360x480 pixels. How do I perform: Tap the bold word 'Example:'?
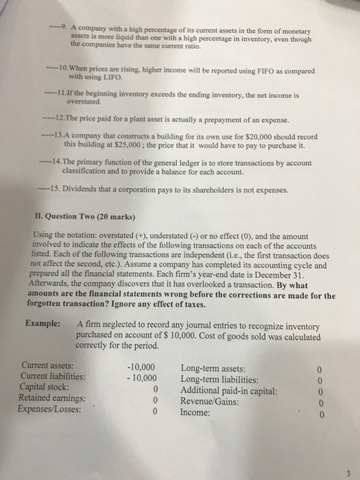click(45, 324)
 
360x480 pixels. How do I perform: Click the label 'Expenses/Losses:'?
click(54, 410)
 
